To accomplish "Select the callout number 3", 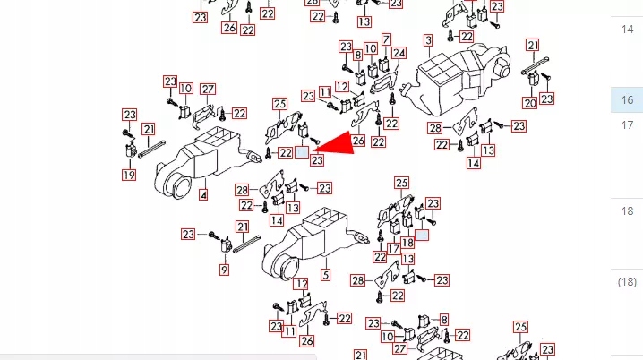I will pyautogui.click(x=428, y=40).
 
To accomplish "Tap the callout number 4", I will pyautogui.click(x=203, y=194).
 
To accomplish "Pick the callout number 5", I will pyautogui.click(x=325, y=275).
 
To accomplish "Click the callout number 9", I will pyautogui.click(x=224, y=270).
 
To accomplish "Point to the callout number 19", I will pyautogui.click(x=129, y=175).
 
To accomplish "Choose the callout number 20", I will pyautogui.click(x=530, y=103).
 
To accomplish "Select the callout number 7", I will pyautogui.click(x=386, y=39).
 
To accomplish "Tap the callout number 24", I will pyautogui.click(x=399, y=53).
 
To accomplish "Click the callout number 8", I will pyautogui.click(x=358, y=55).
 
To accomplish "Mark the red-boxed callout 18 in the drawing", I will pyautogui.click(x=407, y=242).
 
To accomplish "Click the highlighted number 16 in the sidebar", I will pyautogui.click(x=627, y=100).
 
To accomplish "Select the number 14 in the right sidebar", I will pyautogui.click(x=627, y=29).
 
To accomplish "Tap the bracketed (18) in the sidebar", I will pyautogui.click(x=627, y=282).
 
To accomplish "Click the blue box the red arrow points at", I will pyautogui.click(x=303, y=153).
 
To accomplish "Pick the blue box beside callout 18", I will pyautogui.click(x=422, y=236).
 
